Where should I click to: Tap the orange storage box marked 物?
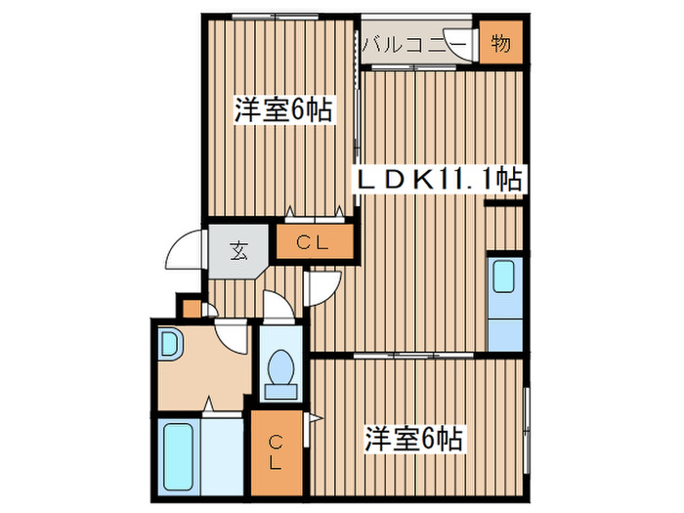[x=501, y=44]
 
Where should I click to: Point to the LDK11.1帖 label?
[x=442, y=179]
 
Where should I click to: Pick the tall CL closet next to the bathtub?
[x=277, y=451]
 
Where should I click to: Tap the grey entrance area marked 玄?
[x=238, y=250]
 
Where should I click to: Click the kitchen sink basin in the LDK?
[x=504, y=278]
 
